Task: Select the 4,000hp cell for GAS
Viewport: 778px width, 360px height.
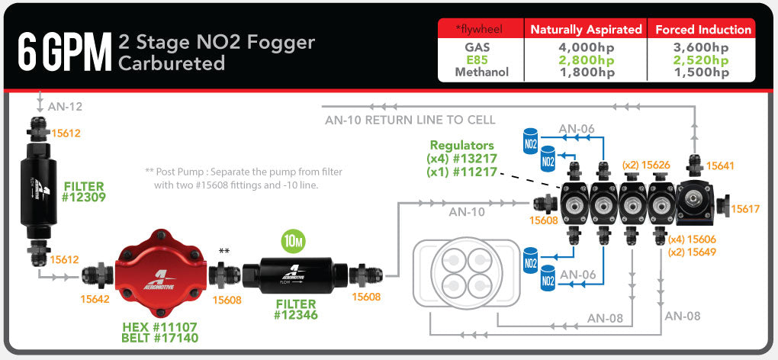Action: tap(586, 47)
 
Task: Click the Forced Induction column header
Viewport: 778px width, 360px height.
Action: tap(702, 30)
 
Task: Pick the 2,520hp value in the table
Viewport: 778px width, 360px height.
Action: tap(702, 59)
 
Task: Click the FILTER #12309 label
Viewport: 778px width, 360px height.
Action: tap(85, 191)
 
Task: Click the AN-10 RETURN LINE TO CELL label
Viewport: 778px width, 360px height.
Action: tap(410, 120)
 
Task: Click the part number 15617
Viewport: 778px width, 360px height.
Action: tap(745, 208)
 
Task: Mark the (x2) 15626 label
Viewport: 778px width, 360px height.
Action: tap(646, 165)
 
